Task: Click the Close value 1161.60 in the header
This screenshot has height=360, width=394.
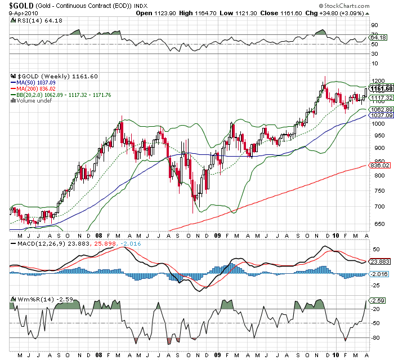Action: pos(288,13)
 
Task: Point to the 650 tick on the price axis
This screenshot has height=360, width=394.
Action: pos(373,224)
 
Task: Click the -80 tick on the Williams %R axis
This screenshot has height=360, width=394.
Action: pos(373,338)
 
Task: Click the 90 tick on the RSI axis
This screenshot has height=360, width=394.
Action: pos(373,25)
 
